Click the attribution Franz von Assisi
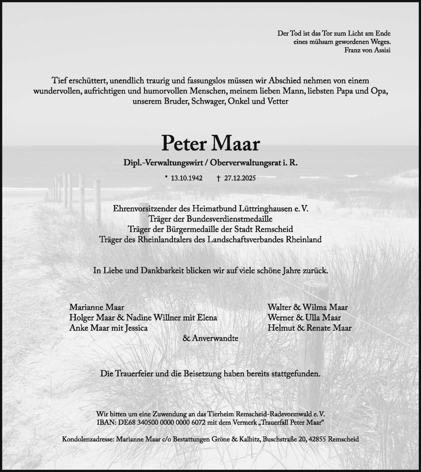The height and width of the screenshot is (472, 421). (368, 49)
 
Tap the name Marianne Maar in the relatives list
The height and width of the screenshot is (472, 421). (97, 307)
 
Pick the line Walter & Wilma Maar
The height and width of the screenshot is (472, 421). (307, 307)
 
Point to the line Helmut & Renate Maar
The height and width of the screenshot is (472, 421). (309, 328)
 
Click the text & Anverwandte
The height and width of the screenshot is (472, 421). (210, 339)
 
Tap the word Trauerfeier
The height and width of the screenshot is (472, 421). (132, 374)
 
